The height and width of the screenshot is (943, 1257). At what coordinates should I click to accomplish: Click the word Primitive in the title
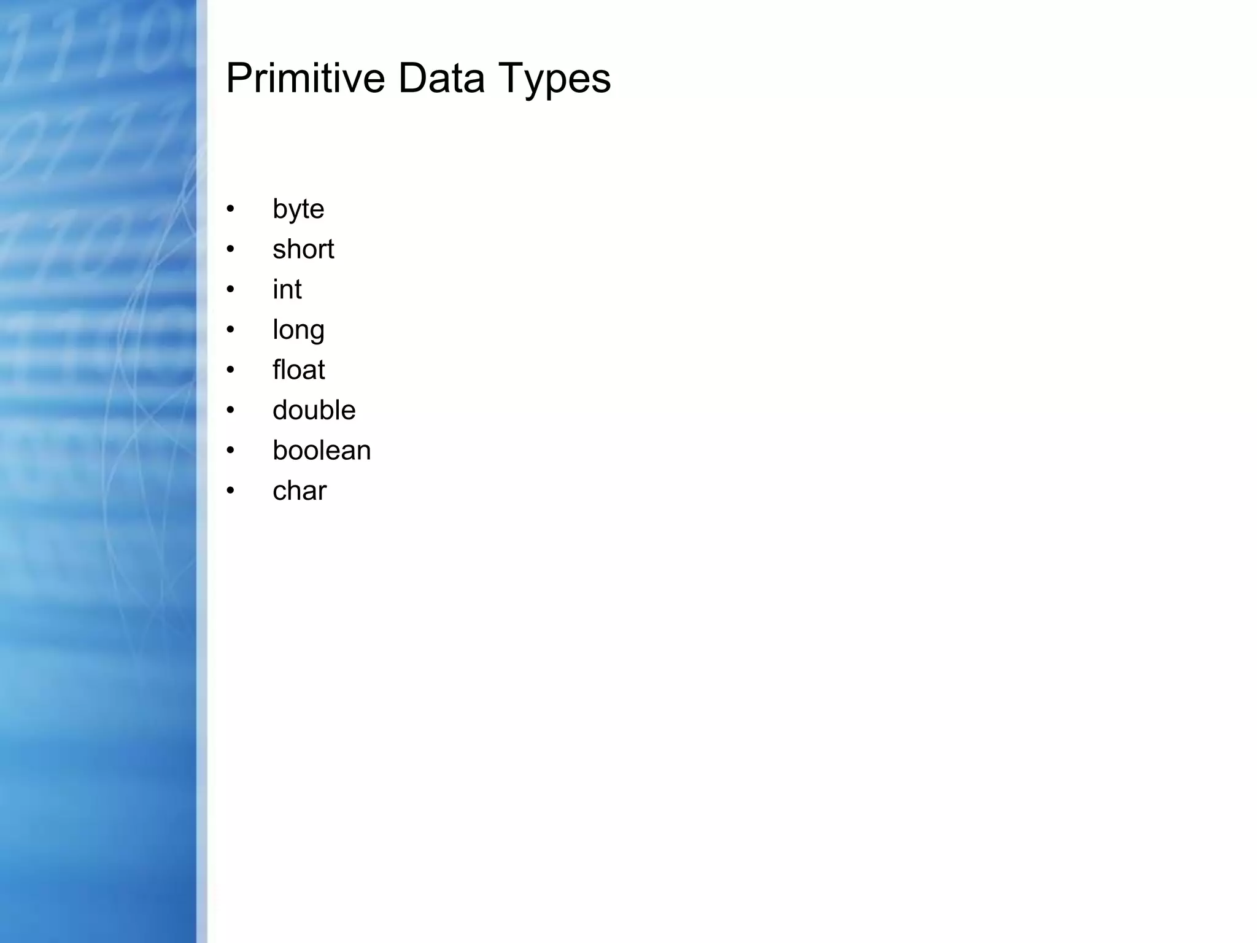(305, 78)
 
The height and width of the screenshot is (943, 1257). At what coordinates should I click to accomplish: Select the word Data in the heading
(441, 78)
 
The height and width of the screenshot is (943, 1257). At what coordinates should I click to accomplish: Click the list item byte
(298, 209)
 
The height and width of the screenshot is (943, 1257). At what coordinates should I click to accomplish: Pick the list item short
(303, 249)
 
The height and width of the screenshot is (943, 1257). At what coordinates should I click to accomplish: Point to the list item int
(287, 289)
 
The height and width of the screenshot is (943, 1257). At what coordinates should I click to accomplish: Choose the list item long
(298, 330)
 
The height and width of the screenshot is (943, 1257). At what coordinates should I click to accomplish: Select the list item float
(298, 370)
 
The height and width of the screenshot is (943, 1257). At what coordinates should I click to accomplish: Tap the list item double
(314, 410)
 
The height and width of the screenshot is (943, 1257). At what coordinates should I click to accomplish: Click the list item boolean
(322, 451)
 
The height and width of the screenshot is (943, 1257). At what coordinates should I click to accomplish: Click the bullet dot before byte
(230, 209)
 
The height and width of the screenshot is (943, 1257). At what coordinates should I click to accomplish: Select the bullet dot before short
(230, 249)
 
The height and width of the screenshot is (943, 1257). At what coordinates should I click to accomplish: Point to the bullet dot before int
(230, 289)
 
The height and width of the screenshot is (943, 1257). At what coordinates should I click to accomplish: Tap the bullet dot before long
(230, 330)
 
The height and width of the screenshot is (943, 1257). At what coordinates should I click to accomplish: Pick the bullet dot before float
(230, 370)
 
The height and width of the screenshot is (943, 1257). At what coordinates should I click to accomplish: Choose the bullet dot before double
(230, 410)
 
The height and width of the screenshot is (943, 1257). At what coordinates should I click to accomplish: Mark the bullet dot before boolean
(230, 451)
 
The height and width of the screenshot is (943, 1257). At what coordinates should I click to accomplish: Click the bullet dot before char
(230, 491)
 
